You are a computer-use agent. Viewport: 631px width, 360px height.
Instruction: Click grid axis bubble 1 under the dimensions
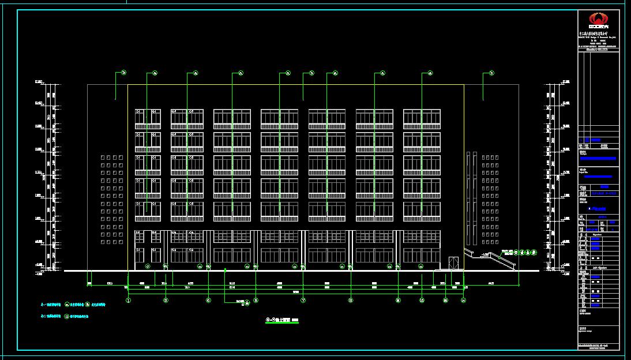pyautogui.click(x=129, y=300)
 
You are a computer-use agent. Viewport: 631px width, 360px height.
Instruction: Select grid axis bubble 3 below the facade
pyautogui.click(x=166, y=300)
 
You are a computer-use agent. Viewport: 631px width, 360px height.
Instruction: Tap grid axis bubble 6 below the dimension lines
pyautogui.click(x=209, y=300)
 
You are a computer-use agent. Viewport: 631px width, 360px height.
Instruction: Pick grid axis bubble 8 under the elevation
pyautogui.click(x=256, y=300)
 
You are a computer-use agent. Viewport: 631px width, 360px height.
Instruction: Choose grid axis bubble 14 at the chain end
pyautogui.click(x=464, y=300)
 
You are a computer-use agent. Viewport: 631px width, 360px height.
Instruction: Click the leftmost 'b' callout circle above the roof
pyautogui.click(x=123, y=73)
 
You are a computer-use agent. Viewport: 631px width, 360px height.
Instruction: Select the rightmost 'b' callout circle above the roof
pyautogui.click(x=491, y=73)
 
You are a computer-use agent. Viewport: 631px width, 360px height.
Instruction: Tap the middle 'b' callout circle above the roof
pyautogui.click(x=311, y=73)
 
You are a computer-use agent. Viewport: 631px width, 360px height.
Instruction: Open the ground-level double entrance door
pyautogui.click(x=453, y=262)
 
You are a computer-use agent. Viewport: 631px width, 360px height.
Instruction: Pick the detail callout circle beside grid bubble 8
pyautogui.click(x=247, y=302)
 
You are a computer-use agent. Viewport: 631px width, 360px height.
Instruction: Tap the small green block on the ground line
pyautogui.click(x=225, y=269)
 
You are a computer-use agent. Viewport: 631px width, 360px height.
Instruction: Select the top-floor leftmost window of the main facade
pyautogui.click(x=148, y=118)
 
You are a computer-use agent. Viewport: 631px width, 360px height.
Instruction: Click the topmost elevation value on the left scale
pyautogui.click(x=39, y=82)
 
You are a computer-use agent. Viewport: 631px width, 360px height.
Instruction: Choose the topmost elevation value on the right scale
pyautogui.click(x=566, y=82)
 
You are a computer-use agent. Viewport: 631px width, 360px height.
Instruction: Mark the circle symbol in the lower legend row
pyautogui.click(x=67, y=317)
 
